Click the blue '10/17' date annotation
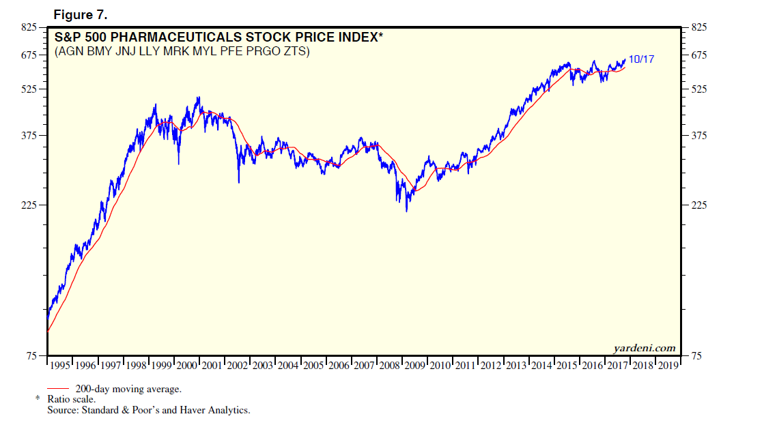641,59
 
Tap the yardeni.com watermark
645,348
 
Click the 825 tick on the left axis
30,27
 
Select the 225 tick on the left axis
30,205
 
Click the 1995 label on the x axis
61,366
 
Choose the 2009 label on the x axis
416,366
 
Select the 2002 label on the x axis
238,366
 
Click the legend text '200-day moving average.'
128,389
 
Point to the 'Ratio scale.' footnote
72,399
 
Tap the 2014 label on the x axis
542,366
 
